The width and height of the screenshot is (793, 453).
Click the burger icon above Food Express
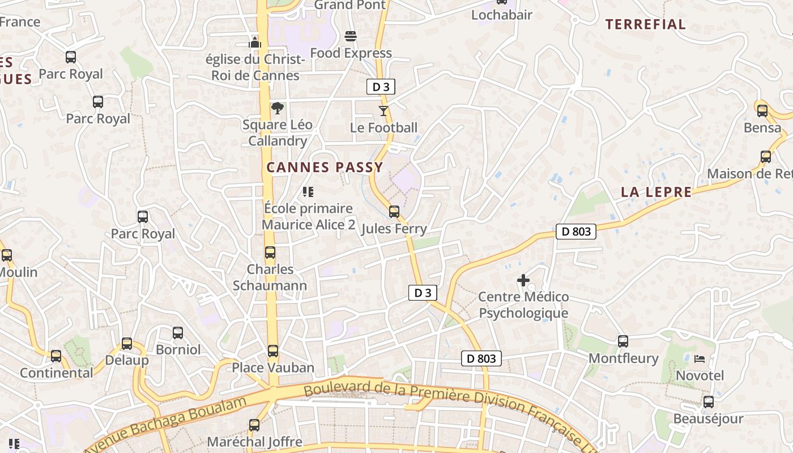(350, 37)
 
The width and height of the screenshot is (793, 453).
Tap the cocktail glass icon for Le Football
(383, 111)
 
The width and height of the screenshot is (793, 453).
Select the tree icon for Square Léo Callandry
(278, 108)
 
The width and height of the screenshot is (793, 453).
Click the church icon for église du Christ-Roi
(255, 42)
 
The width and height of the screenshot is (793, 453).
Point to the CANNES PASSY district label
(325, 168)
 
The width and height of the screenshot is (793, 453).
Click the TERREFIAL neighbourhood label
(645, 24)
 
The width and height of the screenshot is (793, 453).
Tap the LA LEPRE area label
(656, 192)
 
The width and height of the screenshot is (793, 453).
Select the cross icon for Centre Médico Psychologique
(523, 280)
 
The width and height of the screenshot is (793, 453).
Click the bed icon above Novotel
(700, 359)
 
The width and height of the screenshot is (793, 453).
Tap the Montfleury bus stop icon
(623, 341)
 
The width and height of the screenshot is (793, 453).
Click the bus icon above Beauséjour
(708, 402)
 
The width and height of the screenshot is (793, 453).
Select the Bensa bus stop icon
(762, 111)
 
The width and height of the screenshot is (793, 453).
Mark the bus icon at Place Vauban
(273, 351)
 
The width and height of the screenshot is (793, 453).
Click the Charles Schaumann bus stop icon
(270, 253)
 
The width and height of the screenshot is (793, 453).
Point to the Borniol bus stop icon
(178, 333)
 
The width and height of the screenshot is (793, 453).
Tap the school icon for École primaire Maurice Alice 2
(308, 192)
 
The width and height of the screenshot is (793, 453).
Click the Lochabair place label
(501, 15)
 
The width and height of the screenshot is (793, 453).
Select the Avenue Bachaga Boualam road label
(167, 424)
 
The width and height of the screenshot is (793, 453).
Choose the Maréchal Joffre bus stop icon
(254, 425)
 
